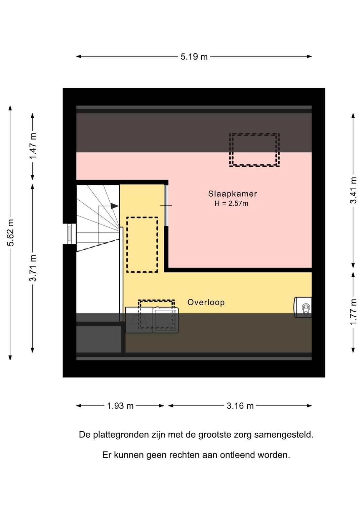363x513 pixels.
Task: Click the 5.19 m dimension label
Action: pos(194,57)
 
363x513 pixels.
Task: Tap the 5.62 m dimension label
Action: pos(11,232)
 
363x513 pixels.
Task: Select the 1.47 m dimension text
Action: pos(33,146)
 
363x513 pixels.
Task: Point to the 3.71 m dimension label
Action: pos(33,268)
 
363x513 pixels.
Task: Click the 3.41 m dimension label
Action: pos(353,190)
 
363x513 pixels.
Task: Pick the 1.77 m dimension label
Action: pos(353,312)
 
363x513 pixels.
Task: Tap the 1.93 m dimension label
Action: pos(120,406)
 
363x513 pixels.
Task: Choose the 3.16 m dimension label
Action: pos(240,406)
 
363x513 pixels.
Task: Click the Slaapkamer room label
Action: pos(233,194)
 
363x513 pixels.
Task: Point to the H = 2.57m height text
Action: pos(231,204)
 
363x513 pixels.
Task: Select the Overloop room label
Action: pos(206,303)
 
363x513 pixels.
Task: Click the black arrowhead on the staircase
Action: pos(115,206)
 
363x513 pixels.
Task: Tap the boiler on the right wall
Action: pos(303,307)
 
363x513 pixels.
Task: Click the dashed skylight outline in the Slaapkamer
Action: pos(254,134)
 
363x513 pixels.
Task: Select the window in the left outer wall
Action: pos(70,234)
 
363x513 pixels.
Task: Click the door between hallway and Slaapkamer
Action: pos(166,205)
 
